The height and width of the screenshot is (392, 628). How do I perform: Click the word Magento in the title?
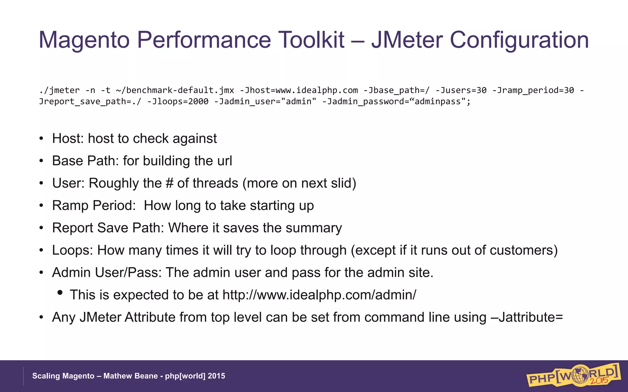click(x=84, y=40)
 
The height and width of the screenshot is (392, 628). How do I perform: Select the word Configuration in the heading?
click(x=519, y=40)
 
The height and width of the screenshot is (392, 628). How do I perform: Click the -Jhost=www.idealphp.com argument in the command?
click(x=299, y=90)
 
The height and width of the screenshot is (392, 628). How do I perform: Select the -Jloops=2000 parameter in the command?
click(x=178, y=101)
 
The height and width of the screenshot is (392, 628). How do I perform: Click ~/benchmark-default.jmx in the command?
click(x=175, y=90)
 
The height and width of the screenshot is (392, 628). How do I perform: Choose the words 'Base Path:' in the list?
click(x=85, y=161)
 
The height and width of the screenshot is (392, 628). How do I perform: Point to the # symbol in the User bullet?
click(x=170, y=183)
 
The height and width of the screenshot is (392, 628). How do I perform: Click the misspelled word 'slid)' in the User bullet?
click(x=343, y=183)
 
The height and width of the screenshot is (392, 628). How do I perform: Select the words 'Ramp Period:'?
click(x=94, y=205)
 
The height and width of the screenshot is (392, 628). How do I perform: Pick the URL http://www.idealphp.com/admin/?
click(x=319, y=295)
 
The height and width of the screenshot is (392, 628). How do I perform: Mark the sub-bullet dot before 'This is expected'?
click(x=60, y=293)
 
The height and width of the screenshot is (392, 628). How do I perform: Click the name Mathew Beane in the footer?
click(x=130, y=376)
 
